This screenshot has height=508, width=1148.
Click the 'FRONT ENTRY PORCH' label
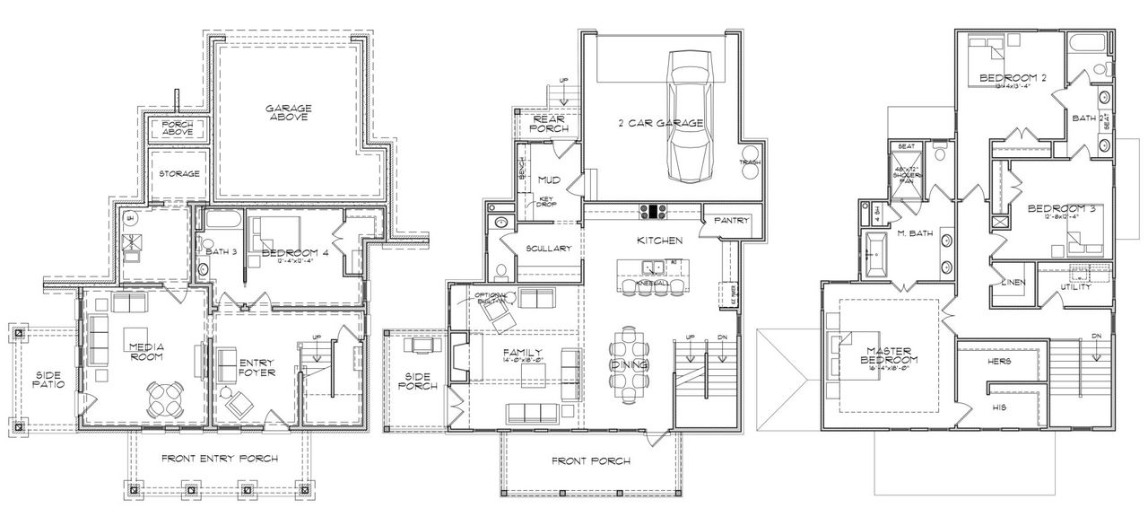click(x=220, y=459)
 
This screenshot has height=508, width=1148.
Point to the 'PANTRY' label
click(x=732, y=220)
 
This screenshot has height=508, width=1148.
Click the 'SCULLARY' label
click(x=549, y=249)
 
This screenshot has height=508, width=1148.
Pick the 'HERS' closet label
click(x=999, y=361)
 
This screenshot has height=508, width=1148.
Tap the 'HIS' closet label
click(x=999, y=407)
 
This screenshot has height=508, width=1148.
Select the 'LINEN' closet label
click(x=1013, y=283)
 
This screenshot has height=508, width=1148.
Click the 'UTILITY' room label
click(x=1076, y=287)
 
